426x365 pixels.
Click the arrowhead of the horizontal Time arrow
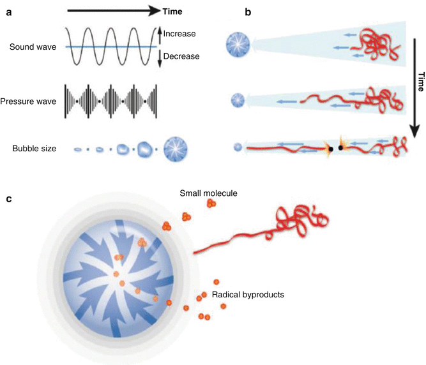click(153, 11)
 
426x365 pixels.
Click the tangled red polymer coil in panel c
click(301, 219)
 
